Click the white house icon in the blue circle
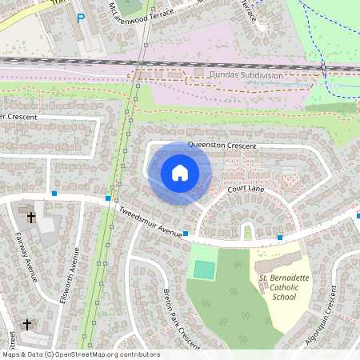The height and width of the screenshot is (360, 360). click(179, 172)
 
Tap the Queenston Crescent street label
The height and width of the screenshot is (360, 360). click(222, 146)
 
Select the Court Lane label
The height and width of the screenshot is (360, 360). click(246, 189)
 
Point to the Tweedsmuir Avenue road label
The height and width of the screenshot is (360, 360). click(150, 221)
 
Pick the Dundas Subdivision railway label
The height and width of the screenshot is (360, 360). click(246, 74)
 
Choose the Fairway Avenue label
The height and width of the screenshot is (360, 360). click(26, 256)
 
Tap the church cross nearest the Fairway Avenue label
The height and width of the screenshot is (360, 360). click(32, 216)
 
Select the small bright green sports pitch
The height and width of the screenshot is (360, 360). click(205, 270)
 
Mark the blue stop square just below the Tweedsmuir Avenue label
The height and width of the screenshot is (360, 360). click(185, 234)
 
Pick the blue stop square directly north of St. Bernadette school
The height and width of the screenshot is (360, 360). click(280, 237)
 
